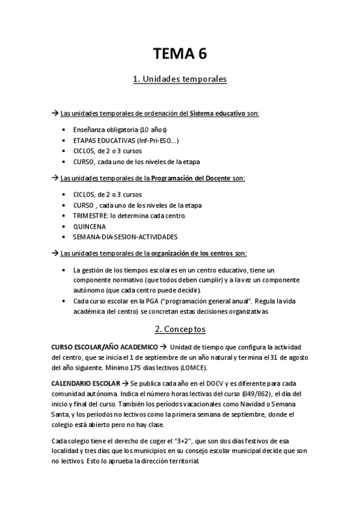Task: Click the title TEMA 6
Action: (x=180, y=54)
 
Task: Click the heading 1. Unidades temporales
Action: (x=180, y=79)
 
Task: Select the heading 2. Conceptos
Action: (x=180, y=330)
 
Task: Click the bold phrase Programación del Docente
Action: (x=190, y=179)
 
